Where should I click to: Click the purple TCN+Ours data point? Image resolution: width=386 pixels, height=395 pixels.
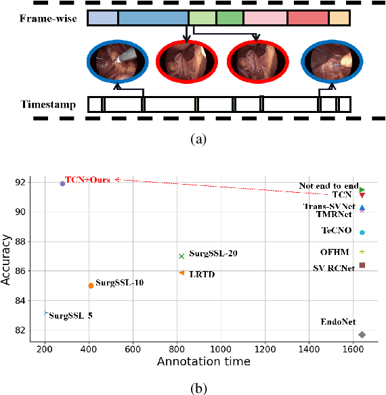click(x=62, y=183)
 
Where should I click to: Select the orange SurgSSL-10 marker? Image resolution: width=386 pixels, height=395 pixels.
click(x=91, y=285)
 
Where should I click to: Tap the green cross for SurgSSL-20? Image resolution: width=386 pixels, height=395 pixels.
click(x=181, y=256)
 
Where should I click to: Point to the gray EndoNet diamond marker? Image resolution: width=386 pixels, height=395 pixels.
click(x=362, y=335)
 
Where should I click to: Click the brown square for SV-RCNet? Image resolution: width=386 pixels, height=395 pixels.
click(x=362, y=265)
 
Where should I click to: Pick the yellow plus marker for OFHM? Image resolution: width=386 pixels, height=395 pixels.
click(x=362, y=251)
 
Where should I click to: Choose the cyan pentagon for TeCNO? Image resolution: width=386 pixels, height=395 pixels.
click(x=362, y=232)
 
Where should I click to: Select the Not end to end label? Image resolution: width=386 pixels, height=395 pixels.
click(x=328, y=185)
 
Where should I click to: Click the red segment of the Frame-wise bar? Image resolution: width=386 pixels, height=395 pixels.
click(x=307, y=18)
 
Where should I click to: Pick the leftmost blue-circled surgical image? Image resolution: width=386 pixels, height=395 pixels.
click(x=114, y=61)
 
